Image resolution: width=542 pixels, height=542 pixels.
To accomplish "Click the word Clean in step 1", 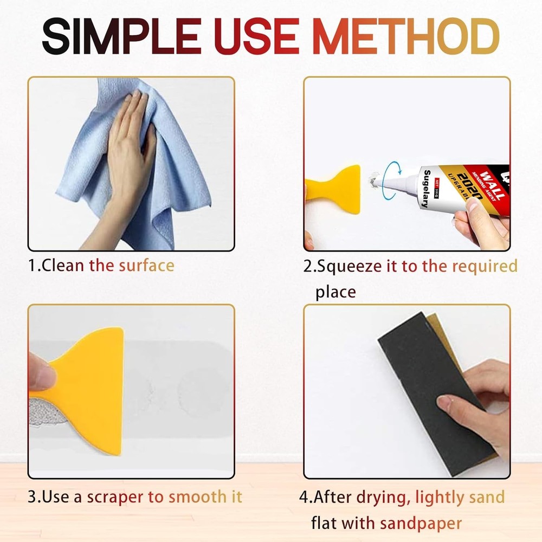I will pos(63,266).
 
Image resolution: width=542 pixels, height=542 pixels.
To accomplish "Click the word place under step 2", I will pos(335,292).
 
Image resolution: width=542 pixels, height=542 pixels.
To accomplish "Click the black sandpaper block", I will pos(428,379).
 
